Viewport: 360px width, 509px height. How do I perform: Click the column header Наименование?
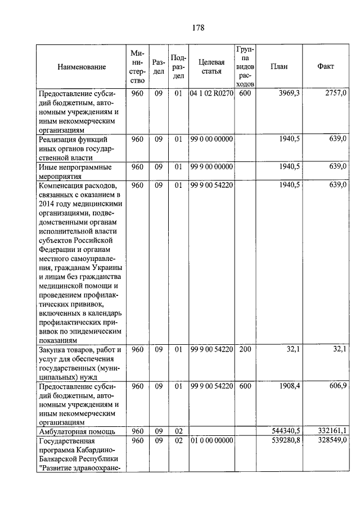pyautogui.click(x=81, y=67)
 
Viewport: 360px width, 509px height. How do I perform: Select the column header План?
pyautogui.click(x=280, y=66)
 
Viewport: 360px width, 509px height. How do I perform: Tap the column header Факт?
pyautogui.click(x=325, y=66)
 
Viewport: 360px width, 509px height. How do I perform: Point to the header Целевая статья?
pyautogui.click(x=211, y=67)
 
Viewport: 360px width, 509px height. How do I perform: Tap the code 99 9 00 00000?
pyautogui.click(x=211, y=167)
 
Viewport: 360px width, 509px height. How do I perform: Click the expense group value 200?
pyautogui.click(x=244, y=350)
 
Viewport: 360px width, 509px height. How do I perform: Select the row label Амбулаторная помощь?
pyautogui.click(x=76, y=432)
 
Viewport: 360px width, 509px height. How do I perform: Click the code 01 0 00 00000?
pyautogui.click(x=211, y=441)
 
